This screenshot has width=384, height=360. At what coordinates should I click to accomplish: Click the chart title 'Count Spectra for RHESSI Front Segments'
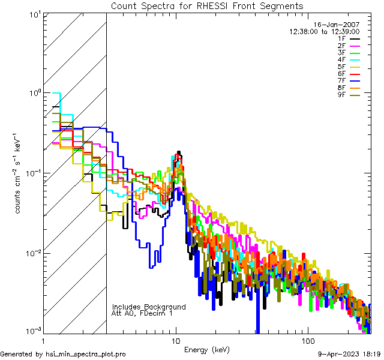coord(207,6)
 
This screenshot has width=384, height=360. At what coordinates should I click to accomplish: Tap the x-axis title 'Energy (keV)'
coord(207,350)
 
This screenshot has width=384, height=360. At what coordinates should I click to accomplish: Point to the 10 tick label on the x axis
coord(176,340)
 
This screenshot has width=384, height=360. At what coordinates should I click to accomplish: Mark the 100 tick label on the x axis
coord(307,340)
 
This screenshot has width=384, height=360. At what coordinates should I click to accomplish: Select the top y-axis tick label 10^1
coord(34,14)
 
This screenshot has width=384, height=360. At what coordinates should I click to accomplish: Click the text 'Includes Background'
coord(149,307)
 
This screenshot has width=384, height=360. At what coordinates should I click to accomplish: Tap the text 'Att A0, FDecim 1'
coord(142,313)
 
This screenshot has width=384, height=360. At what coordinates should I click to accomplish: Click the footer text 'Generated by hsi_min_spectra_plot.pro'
coord(63,354)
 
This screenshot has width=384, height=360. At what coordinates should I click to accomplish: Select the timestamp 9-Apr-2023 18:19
coord(348,354)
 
